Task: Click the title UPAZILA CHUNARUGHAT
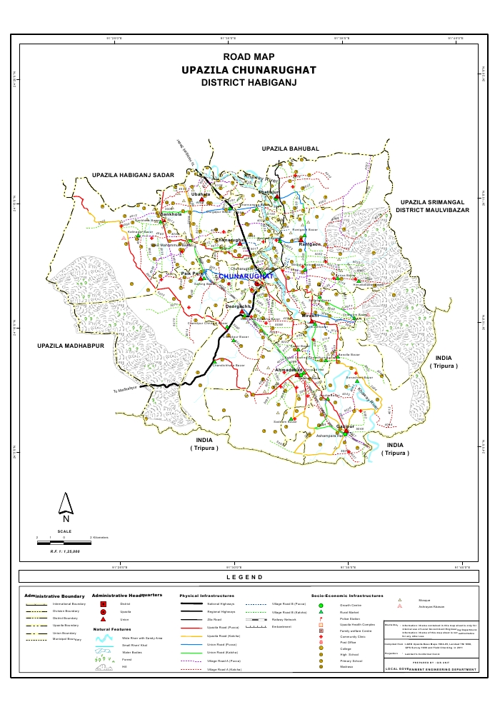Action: pos(248,70)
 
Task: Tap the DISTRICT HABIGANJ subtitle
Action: pos(248,83)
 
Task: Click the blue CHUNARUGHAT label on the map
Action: pos(246,275)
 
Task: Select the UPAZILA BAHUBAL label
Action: pos(290,148)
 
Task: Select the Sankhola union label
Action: pos(171,214)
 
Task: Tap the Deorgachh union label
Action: pos(238,306)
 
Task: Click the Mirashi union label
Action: pos(309,315)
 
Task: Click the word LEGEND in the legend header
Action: pos(244,577)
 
